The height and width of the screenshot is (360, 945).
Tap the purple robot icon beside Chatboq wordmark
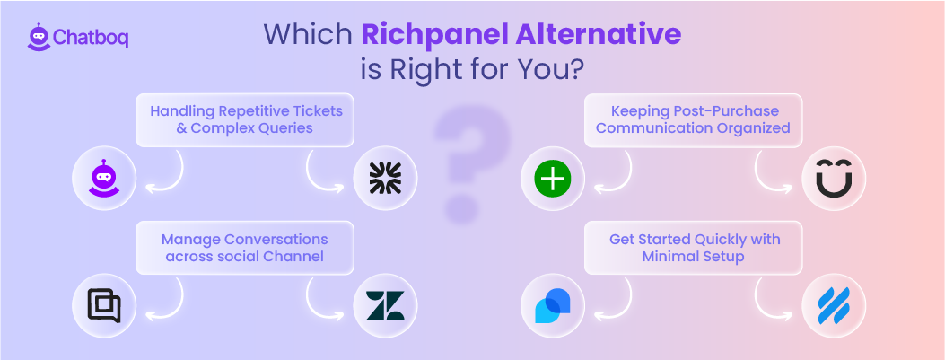coord(38,36)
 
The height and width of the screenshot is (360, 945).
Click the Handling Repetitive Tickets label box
coord(245,119)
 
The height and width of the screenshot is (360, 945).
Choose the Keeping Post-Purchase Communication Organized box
coord(693,119)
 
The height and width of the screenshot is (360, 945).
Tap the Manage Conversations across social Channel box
coord(245,248)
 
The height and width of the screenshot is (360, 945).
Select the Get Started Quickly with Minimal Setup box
coord(694,248)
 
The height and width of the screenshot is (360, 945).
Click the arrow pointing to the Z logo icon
coord(325,302)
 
